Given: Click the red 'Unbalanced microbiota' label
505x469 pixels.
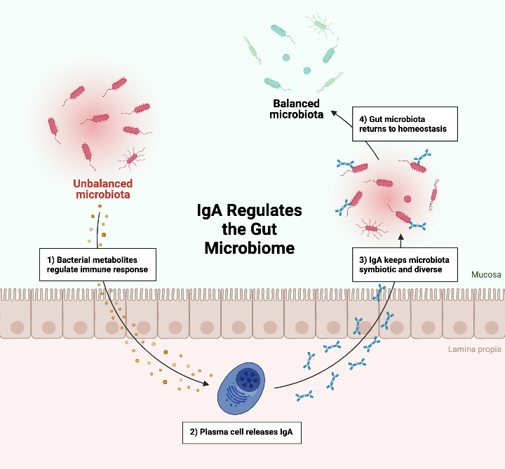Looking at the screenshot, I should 102,189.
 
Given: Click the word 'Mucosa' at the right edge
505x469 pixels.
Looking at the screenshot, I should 487,275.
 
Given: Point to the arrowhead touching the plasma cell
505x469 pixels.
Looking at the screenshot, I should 208,383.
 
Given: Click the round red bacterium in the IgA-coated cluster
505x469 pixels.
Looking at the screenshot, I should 408,200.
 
